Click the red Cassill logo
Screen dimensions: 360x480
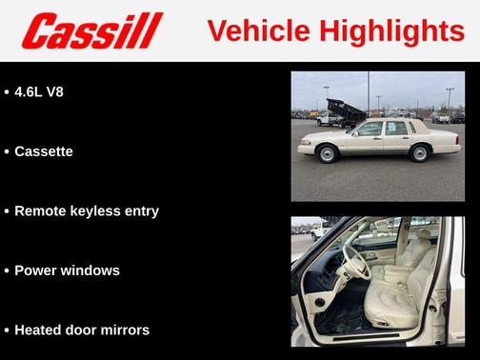92,31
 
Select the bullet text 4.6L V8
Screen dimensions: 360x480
39,92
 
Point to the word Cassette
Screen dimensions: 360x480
44,151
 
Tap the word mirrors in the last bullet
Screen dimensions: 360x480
123,330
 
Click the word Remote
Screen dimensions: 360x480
41,211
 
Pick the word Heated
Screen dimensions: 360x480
41,330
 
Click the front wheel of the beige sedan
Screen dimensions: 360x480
329,153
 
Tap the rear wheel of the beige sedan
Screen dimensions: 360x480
418,152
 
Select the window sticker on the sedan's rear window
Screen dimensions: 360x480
390,128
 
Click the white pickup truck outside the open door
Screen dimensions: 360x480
320,230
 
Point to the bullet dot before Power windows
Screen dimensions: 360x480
6,270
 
